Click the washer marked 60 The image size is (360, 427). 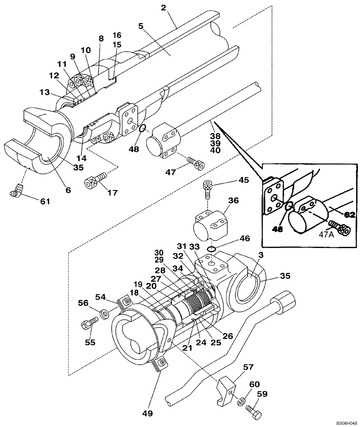click(240, 399)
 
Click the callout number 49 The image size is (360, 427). click(147, 413)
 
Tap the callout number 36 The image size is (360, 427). click(233, 200)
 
